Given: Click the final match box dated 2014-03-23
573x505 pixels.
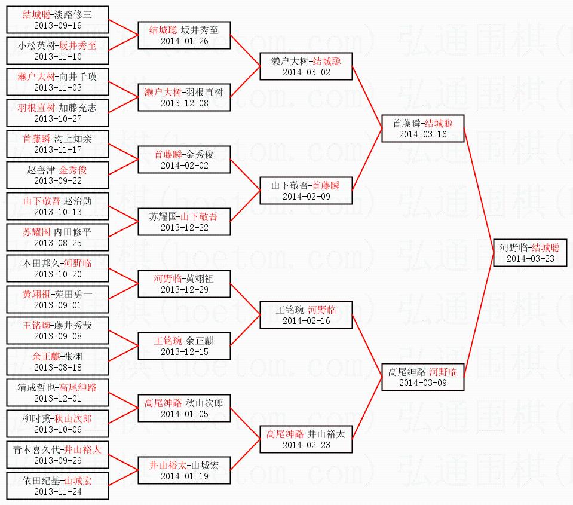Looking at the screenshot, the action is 529,252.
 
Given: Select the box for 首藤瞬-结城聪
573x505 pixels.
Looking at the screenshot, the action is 423,128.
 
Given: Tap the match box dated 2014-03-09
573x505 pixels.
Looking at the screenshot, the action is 423,377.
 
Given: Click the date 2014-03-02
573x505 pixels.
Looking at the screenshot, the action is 306,72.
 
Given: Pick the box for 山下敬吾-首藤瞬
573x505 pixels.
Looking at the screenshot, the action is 306,191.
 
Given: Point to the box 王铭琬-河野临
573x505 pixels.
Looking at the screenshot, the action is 306,315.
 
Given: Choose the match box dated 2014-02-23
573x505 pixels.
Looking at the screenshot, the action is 306,439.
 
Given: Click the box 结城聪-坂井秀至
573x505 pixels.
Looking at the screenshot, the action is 184,35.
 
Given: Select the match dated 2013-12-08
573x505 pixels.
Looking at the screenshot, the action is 184,103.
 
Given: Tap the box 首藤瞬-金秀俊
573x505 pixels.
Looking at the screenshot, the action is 184,160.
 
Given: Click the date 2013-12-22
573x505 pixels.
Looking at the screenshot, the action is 184,227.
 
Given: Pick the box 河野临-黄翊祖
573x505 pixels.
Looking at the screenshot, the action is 184,284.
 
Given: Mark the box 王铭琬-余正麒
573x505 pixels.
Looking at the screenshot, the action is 184,346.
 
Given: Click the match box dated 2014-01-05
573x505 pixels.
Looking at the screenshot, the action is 184,408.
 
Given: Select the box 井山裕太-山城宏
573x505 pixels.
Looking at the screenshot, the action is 184,470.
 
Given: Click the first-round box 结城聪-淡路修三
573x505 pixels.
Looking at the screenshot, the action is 58,20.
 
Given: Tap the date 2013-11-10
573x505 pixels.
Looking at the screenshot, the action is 58,57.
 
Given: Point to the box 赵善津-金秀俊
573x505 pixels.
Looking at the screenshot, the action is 58,175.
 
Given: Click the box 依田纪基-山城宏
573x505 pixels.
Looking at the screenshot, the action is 58,486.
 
